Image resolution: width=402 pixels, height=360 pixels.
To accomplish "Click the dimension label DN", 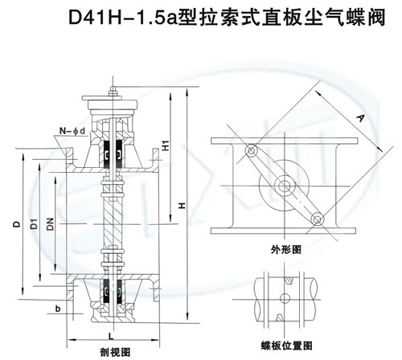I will tap(51, 227).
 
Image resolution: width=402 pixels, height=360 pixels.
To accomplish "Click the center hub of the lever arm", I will tap(285, 186).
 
